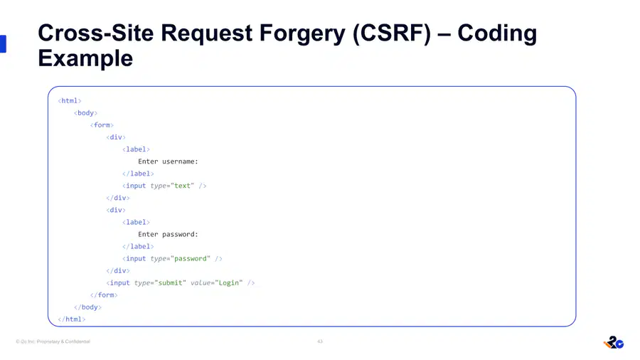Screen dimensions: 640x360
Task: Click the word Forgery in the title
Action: point(302,33)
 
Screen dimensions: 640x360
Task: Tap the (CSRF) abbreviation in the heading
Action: point(392,33)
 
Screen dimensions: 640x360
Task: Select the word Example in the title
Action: point(85,58)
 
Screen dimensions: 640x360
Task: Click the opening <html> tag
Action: point(70,101)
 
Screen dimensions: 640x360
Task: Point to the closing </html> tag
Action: point(71,319)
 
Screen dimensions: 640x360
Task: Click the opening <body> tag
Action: point(85,112)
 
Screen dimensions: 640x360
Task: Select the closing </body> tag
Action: point(87,307)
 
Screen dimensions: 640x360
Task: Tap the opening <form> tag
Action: point(102,125)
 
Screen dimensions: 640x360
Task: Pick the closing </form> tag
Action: point(104,295)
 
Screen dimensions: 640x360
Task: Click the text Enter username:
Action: point(168,162)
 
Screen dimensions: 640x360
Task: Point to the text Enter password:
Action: point(168,234)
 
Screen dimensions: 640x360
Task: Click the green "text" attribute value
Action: point(182,186)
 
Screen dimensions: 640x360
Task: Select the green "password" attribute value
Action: point(190,258)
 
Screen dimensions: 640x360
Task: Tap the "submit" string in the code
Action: point(170,283)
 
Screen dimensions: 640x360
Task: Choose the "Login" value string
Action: point(228,283)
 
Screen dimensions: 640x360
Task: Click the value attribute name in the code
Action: point(201,283)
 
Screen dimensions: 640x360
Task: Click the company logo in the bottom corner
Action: point(614,342)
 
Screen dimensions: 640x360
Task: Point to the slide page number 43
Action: point(320,342)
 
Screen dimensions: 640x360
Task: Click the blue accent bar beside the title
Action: point(3,44)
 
